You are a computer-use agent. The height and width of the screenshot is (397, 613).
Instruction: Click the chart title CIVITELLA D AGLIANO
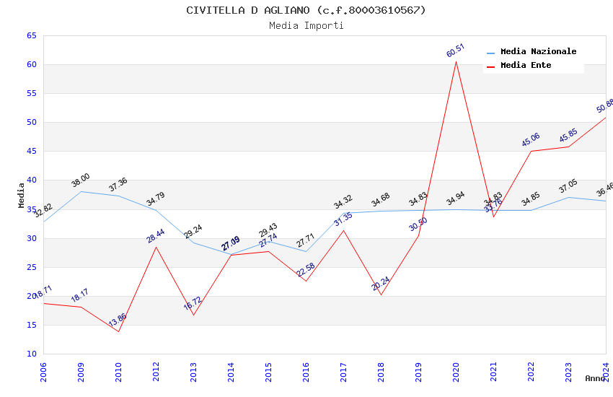(x=306, y=10)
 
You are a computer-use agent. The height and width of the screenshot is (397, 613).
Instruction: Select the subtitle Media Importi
(x=306, y=25)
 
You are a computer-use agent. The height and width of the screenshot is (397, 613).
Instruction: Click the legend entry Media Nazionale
(x=538, y=52)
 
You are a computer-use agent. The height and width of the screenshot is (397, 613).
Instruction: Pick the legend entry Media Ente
(x=526, y=66)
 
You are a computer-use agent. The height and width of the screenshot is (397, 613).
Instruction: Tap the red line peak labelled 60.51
(x=456, y=61)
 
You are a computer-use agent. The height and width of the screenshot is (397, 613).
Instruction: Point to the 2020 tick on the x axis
(x=456, y=368)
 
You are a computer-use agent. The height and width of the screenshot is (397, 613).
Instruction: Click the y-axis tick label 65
(x=30, y=36)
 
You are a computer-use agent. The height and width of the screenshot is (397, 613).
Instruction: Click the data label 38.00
(x=80, y=180)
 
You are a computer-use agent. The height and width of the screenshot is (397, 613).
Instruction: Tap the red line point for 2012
(x=156, y=247)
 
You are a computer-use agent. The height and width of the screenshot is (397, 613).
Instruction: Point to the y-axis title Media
(x=22, y=195)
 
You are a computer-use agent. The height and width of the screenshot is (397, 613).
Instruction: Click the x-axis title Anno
(x=595, y=378)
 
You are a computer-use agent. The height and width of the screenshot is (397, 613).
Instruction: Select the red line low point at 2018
(x=381, y=295)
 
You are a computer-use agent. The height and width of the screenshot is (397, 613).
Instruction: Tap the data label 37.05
(x=568, y=187)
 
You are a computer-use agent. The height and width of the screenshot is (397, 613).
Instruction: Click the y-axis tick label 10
(x=30, y=354)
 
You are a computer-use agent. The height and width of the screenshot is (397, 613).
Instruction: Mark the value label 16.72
(x=193, y=304)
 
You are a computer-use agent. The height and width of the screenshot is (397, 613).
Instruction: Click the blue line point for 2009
(x=81, y=191)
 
